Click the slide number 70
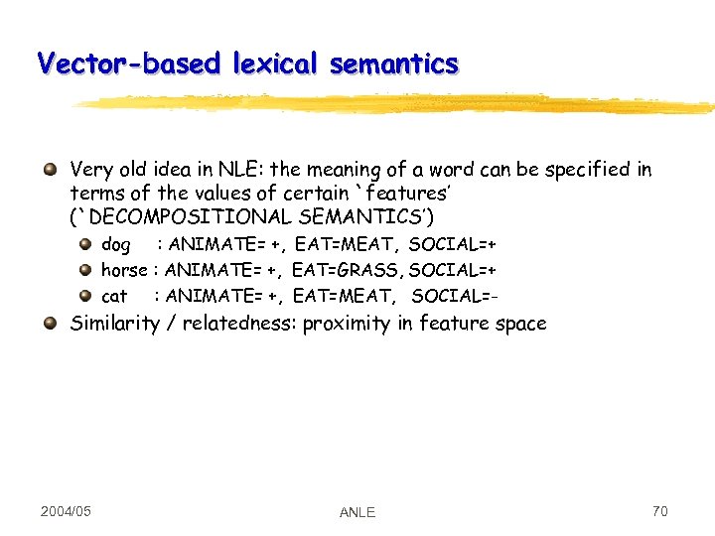pos(659,511)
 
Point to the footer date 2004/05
pos(67,511)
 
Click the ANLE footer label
pos(357,512)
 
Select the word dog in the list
pos(116,244)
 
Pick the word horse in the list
pos(124,269)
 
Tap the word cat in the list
pos(114,295)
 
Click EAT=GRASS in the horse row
pos(348,269)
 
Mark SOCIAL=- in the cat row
pos(454,295)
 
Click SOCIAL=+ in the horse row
pos(453,269)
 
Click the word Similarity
pos(113,323)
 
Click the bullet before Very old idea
pos(50,170)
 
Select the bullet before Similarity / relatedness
pos(50,323)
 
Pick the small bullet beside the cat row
pos(85,295)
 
